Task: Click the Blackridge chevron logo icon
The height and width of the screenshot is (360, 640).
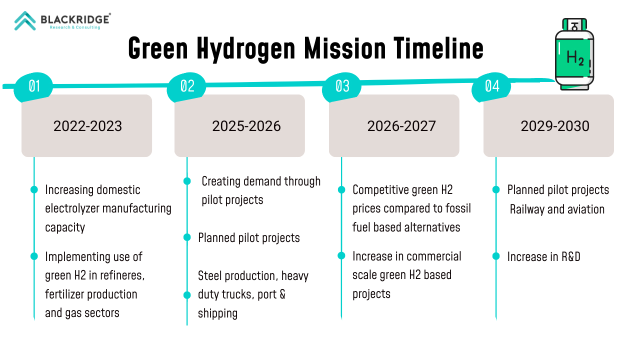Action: (25, 20)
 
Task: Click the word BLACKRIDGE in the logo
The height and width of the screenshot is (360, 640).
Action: (75, 19)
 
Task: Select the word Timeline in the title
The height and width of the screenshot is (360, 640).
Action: (438, 48)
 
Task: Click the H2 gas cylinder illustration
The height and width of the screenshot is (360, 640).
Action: (574, 54)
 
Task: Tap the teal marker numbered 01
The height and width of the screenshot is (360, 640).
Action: (33, 87)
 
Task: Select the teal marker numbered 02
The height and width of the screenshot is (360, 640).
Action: (186, 87)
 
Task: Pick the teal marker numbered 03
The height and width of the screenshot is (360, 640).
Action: (341, 87)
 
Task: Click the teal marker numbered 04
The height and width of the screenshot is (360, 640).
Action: (491, 87)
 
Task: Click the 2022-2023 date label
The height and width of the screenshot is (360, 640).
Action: (87, 126)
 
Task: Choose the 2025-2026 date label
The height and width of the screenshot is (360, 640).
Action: (246, 126)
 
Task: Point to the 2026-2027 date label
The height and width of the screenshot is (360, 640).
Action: (401, 126)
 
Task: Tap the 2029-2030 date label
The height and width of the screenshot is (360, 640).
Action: (555, 126)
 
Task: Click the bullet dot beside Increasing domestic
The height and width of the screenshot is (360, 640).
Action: (34, 189)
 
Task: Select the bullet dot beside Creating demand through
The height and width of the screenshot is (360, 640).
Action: (187, 181)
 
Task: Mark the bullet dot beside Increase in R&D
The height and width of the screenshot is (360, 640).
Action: (496, 256)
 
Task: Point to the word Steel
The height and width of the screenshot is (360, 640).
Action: (209, 275)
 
